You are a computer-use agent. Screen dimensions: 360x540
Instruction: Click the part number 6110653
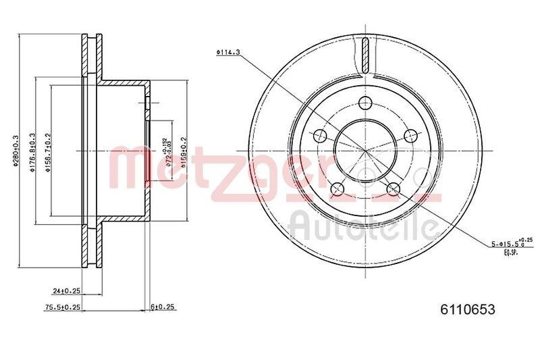[x=468, y=309]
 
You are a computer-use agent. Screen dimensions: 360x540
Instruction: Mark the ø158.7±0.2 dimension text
[x=48, y=154]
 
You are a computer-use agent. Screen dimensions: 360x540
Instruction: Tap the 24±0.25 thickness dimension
[x=67, y=292]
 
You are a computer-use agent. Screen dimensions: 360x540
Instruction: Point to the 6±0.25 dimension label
[x=163, y=307]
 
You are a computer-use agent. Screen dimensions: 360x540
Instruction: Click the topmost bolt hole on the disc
[x=365, y=103]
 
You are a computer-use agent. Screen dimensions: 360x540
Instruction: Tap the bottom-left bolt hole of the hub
[x=337, y=188]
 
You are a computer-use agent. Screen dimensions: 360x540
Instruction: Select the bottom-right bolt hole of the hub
[x=394, y=188]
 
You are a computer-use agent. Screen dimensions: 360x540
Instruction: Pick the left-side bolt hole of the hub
[x=319, y=136]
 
